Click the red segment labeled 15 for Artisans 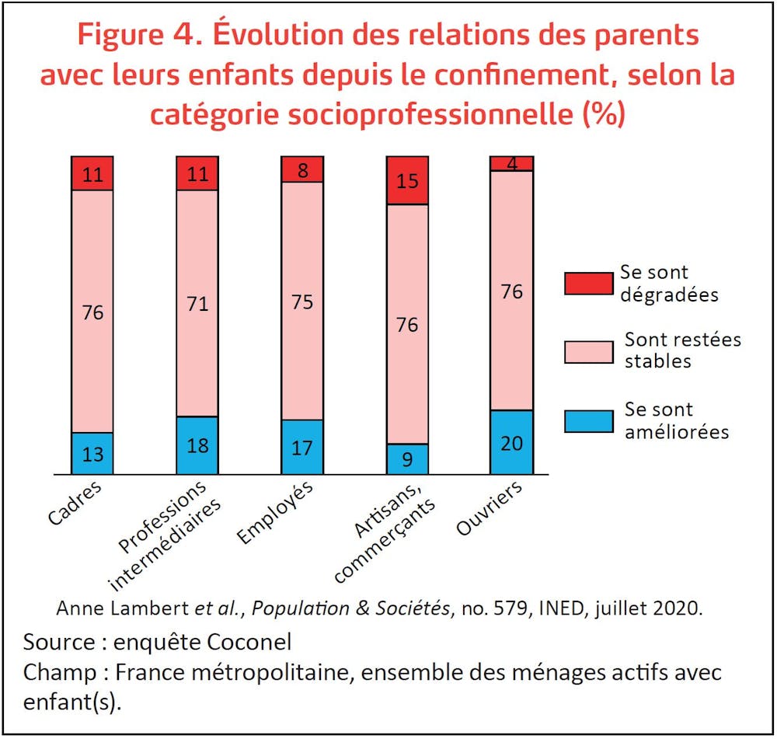click(407, 180)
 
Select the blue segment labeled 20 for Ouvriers click(511, 442)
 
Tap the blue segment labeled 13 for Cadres click(92, 453)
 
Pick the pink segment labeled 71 click(197, 303)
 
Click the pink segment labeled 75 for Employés click(301, 301)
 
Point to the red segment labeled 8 click(301, 169)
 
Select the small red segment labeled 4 click(511, 163)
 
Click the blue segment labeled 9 click(407, 459)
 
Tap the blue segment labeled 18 click(197, 445)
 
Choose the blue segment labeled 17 click(301, 447)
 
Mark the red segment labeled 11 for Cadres click(92, 173)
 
